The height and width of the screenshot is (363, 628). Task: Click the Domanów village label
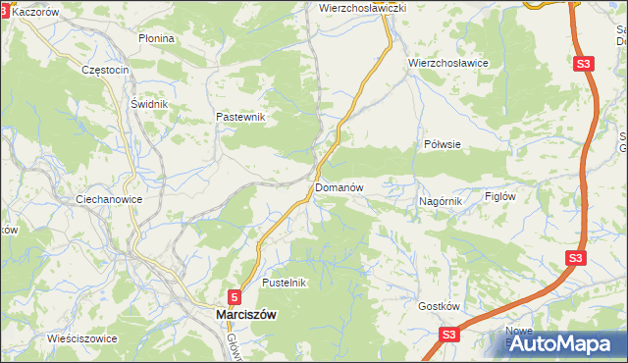(x=340, y=186)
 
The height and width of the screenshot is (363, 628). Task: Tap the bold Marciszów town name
(x=245, y=314)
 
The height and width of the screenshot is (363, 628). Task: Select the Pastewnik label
(x=241, y=117)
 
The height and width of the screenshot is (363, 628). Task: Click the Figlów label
(x=500, y=195)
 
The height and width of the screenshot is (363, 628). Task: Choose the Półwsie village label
(x=443, y=143)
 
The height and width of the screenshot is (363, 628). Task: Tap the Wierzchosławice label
(x=448, y=62)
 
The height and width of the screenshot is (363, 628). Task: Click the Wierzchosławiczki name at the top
(x=363, y=7)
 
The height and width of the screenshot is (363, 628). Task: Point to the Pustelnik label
(x=286, y=283)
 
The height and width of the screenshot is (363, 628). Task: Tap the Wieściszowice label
(x=82, y=338)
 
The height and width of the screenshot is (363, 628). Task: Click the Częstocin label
(x=106, y=71)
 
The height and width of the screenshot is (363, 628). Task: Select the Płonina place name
(x=156, y=38)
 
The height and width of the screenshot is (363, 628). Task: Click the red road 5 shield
(x=235, y=295)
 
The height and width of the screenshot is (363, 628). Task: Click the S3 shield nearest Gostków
(x=448, y=335)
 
